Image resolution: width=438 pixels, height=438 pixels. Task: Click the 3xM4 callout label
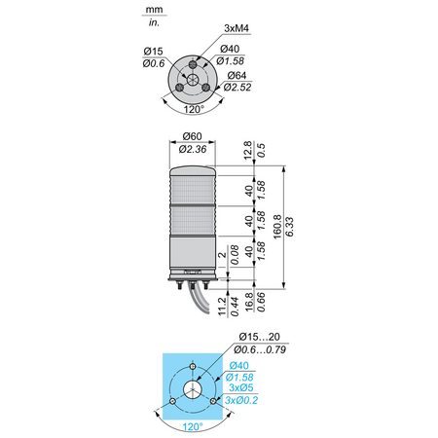coord(237,28)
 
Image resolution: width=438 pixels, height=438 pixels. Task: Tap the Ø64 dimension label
coord(237,75)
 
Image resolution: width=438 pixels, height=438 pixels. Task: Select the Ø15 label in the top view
coord(153,52)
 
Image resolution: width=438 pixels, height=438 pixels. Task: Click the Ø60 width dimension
coord(192,136)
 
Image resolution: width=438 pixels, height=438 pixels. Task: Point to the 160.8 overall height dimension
coord(277,227)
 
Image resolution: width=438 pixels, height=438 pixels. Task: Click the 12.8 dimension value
coord(247,150)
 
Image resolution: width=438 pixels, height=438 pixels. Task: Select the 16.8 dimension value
coord(249,302)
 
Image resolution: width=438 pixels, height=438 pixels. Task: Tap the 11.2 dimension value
coord(222,307)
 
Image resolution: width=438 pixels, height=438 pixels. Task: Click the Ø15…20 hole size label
coord(260,337)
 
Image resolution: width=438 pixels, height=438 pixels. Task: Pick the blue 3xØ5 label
coord(241,387)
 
